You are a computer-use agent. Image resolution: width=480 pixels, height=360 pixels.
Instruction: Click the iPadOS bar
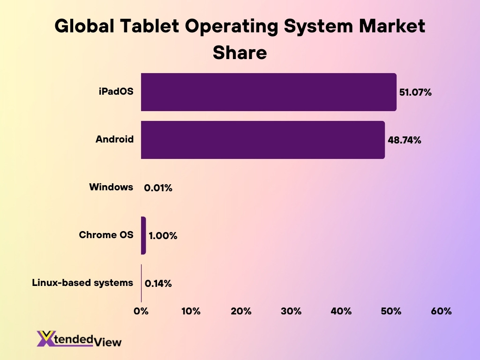tap(269, 92)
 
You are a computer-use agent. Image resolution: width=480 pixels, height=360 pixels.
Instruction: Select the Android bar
tap(262, 140)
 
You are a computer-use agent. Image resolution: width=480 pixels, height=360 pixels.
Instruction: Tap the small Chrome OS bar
tap(143, 235)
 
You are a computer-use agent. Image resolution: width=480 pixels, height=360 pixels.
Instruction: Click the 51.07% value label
tap(415, 92)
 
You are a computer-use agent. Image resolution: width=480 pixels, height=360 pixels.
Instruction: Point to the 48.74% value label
tap(404, 140)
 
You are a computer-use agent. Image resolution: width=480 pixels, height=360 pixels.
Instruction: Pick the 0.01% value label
tap(158, 188)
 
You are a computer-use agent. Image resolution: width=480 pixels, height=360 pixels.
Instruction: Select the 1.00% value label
tap(163, 236)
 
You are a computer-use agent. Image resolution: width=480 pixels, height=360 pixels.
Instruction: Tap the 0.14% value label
tap(158, 284)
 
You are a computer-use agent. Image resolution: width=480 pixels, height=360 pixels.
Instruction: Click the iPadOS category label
tap(116, 91)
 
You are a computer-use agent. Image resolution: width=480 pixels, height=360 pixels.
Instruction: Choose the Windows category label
tap(111, 187)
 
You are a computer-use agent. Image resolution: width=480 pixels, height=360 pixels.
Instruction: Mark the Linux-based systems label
tap(82, 283)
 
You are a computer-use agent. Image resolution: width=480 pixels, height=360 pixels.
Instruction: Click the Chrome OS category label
tap(106, 235)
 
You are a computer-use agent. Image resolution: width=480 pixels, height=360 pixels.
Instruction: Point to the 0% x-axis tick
tap(141, 311)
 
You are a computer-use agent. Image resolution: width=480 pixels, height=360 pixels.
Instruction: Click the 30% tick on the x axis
tap(291, 311)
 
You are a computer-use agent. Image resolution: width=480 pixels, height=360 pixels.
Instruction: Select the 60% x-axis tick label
tap(441, 311)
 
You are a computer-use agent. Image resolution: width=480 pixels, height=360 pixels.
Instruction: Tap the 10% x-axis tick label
tap(191, 311)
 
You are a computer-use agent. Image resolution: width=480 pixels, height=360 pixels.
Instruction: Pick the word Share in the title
tap(240, 52)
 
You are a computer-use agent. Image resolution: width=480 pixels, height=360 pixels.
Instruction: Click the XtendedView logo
tap(79, 338)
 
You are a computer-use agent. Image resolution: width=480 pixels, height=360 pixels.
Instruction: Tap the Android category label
tap(114, 139)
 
